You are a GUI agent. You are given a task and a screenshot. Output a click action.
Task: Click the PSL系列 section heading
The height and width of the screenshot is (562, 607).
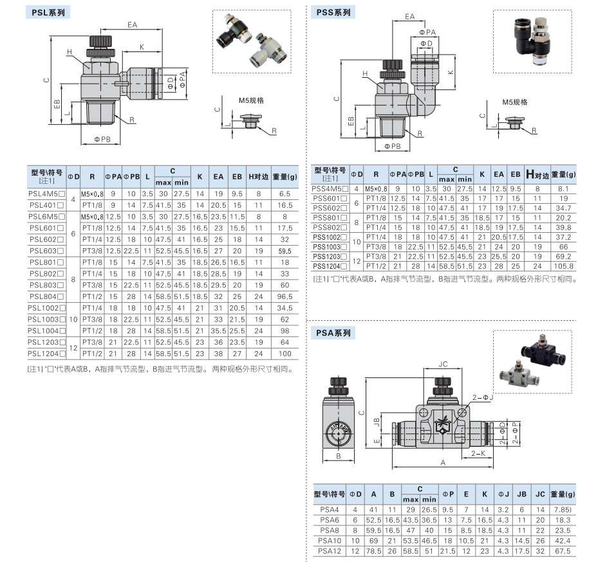pyautogui.click(x=48, y=12)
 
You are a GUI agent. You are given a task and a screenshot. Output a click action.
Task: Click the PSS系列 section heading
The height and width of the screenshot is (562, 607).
pyautogui.click(x=333, y=12)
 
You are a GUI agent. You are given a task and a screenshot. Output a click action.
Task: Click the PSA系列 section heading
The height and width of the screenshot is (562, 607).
pyautogui.click(x=333, y=332)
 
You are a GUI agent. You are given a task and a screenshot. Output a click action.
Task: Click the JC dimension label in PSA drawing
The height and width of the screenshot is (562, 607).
pyautogui.click(x=443, y=364)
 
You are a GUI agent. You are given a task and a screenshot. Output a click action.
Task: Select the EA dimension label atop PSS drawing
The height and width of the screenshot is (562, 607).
pyautogui.click(x=409, y=17)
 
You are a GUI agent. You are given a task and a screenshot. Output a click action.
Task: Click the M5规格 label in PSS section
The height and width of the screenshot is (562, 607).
pyautogui.click(x=515, y=102)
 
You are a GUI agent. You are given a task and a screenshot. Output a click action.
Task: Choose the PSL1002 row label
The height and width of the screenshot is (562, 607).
pyautogui.click(x=46, y=309)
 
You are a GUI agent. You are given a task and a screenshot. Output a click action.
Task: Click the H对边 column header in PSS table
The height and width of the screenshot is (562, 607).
pyautogui.click(x=537, y=174)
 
